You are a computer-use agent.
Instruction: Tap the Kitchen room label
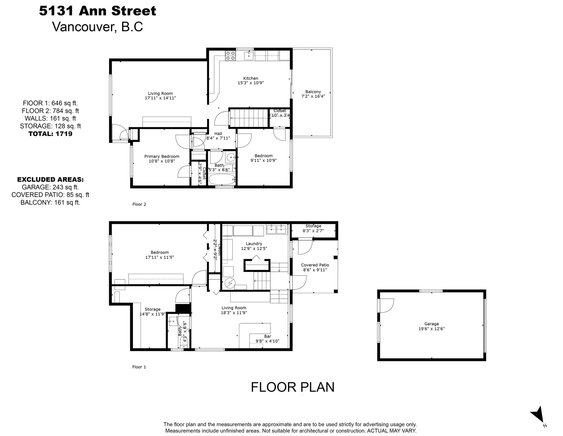tap(251, 78)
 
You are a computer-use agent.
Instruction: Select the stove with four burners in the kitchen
tap(230, 56)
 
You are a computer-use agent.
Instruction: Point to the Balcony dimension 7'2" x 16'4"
tap(313, 96)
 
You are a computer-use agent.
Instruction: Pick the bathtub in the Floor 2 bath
tap(222, 179)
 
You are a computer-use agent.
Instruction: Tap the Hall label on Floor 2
tap(218, 134)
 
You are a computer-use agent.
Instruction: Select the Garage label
tap(431, 324)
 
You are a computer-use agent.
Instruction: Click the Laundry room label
tap(254, 243)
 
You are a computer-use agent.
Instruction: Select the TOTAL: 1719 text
tap(51, 134)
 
